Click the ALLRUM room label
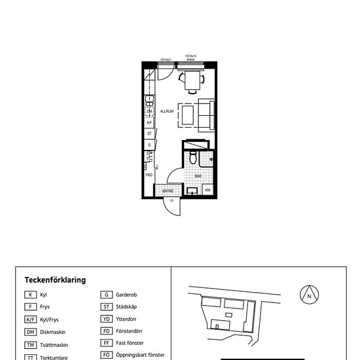pos(166,112)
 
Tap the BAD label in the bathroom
pos(198,175)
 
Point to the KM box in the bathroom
pos(207,190)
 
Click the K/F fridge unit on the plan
pos(149,122)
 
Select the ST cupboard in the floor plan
pos(149,133)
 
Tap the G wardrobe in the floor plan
pos(149,144)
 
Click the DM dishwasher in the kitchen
pos(149,111)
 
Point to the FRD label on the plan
pos(149,175)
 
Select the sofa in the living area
pos(207,115)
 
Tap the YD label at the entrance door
pos(171,201)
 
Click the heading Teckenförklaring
pos(55,280)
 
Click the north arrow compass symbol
pos(308,296)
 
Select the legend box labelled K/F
pos(30,319)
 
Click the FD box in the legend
pos(105,331)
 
